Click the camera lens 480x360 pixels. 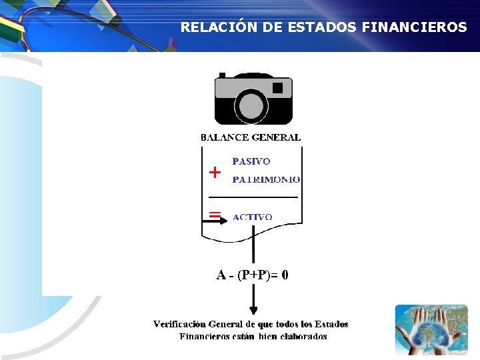pyautogui.click(x=251, y=106)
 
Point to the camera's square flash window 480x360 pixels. pyautogui.click(x=278, y=87)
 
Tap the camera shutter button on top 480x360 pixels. pyautogui.click(x=222, y=75)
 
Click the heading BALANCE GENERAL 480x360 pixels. pyautogui.click(x=251, y=137)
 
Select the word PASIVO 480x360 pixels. pyautogui.click(x=251, y=161)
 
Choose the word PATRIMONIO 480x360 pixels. pyautogui.click(x=266, y=179)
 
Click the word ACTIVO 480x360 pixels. pyautogui.click(x=252, y=217)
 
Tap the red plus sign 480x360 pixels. pyautogui.click(x=215, y=173)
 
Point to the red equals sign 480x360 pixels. pyautogui.click(x=215, y=214)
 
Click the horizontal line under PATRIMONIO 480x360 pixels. pyautogui.click(x=253, y=197)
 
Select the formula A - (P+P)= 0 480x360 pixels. pyautogui.click(x=252, y=275)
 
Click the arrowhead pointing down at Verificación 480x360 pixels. pyautogui.click(x=253, y=310)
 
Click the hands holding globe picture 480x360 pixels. pyautogui.click(x=431, y=329)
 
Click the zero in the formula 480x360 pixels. pyautogui.click(x=285, y=275)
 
